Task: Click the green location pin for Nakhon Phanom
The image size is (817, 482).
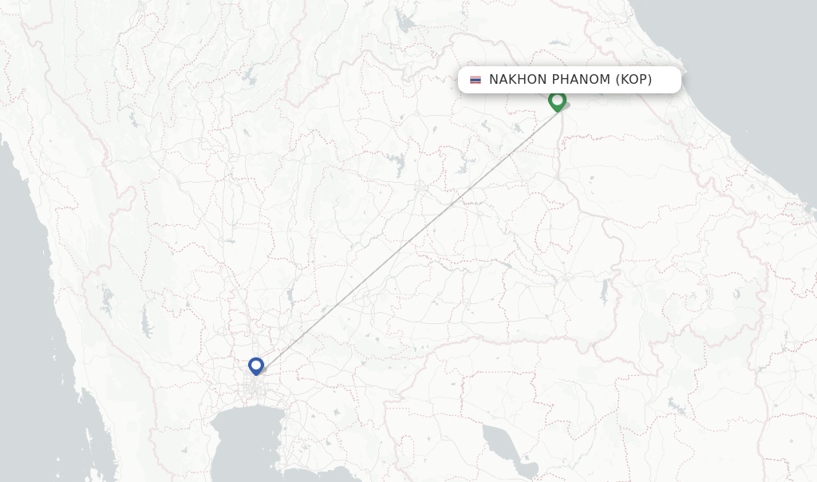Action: click(557, 101)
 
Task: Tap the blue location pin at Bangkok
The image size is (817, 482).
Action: click(256, 365)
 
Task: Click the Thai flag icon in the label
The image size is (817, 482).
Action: click(476, 80)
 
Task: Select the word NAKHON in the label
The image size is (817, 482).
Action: click(516, 80)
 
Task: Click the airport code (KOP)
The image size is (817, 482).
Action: click(633, 80)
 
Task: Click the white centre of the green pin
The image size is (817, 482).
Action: click(557, 99)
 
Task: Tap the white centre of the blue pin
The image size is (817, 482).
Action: click(256, 364)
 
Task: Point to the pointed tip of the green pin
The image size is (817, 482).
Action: click(557, 111)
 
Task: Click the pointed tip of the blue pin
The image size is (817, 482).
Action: click(256, 375)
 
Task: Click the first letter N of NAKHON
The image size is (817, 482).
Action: click(494, 80)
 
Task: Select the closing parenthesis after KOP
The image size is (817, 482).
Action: click(649, 80)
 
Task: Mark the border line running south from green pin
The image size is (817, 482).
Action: click(559, 152)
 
